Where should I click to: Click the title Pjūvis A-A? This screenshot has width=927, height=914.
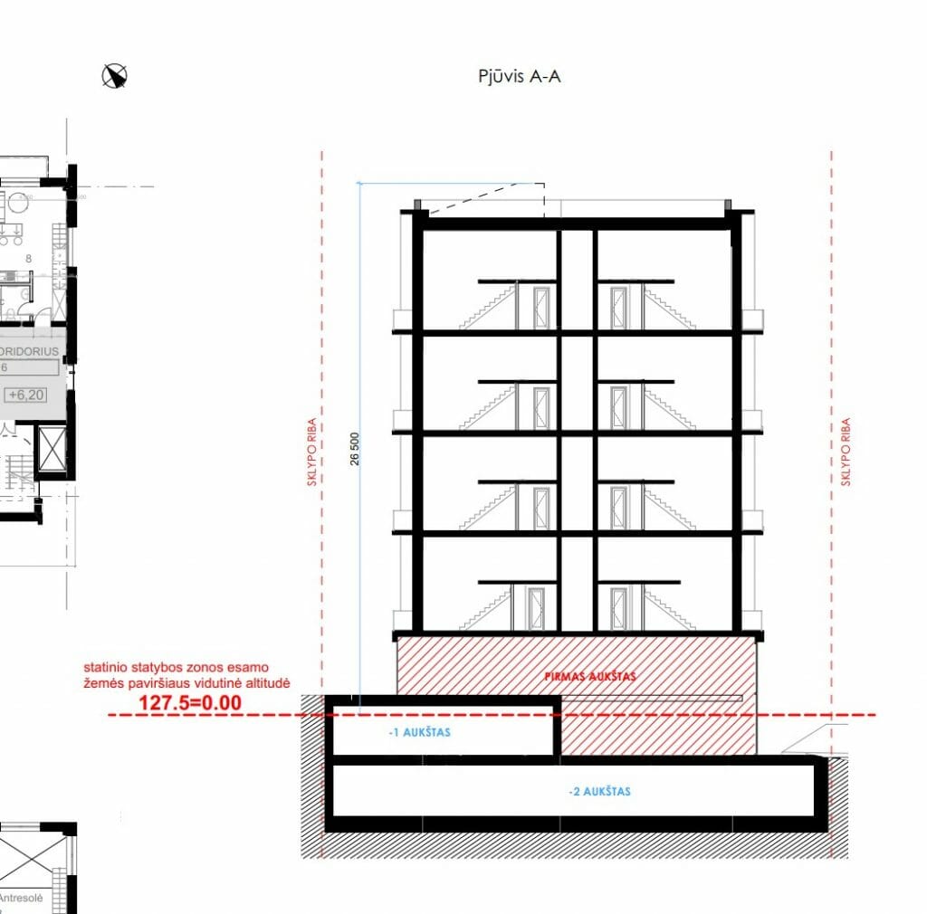519,76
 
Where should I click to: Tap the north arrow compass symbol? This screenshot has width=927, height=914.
115,76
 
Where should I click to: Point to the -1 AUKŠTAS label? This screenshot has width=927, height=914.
418,732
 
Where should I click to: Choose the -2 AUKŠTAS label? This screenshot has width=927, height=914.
599,792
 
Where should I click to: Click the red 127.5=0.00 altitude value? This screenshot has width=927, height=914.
189,702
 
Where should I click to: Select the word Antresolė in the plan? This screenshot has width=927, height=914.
22,899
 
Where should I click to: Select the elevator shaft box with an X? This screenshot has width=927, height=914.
51,450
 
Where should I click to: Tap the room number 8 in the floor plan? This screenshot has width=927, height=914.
29,259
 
